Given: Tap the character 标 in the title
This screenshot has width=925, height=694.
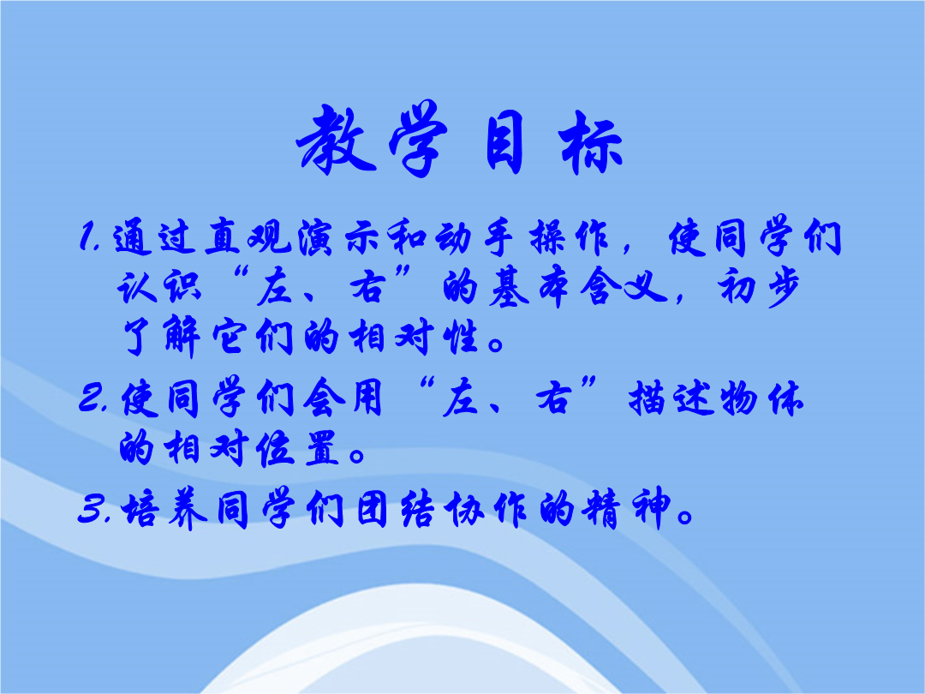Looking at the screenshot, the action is pos(590,143).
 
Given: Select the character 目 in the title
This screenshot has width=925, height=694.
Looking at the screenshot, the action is pos(505,142).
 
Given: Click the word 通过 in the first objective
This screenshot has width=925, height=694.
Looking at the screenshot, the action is pos(154,238).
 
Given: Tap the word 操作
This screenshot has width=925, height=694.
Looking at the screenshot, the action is pos(569,238).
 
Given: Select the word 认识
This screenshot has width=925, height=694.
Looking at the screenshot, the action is pos(159,287).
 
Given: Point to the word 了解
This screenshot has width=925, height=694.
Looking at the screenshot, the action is pos(160,337).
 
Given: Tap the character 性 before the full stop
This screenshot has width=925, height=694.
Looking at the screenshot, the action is pos(463,338).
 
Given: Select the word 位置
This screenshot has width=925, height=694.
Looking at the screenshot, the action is pos(298,448).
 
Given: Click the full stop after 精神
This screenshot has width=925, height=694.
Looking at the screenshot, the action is pos(685,518).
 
